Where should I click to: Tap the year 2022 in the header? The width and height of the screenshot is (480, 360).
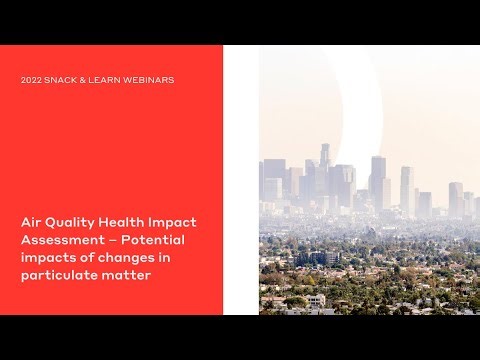coord(31,80)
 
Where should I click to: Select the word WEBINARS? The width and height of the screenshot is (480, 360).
coord(147,80)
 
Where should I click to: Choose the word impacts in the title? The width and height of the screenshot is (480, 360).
coord(48,259)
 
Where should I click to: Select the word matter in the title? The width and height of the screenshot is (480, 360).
coord(127,275)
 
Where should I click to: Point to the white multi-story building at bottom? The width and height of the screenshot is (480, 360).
coord(316,299)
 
